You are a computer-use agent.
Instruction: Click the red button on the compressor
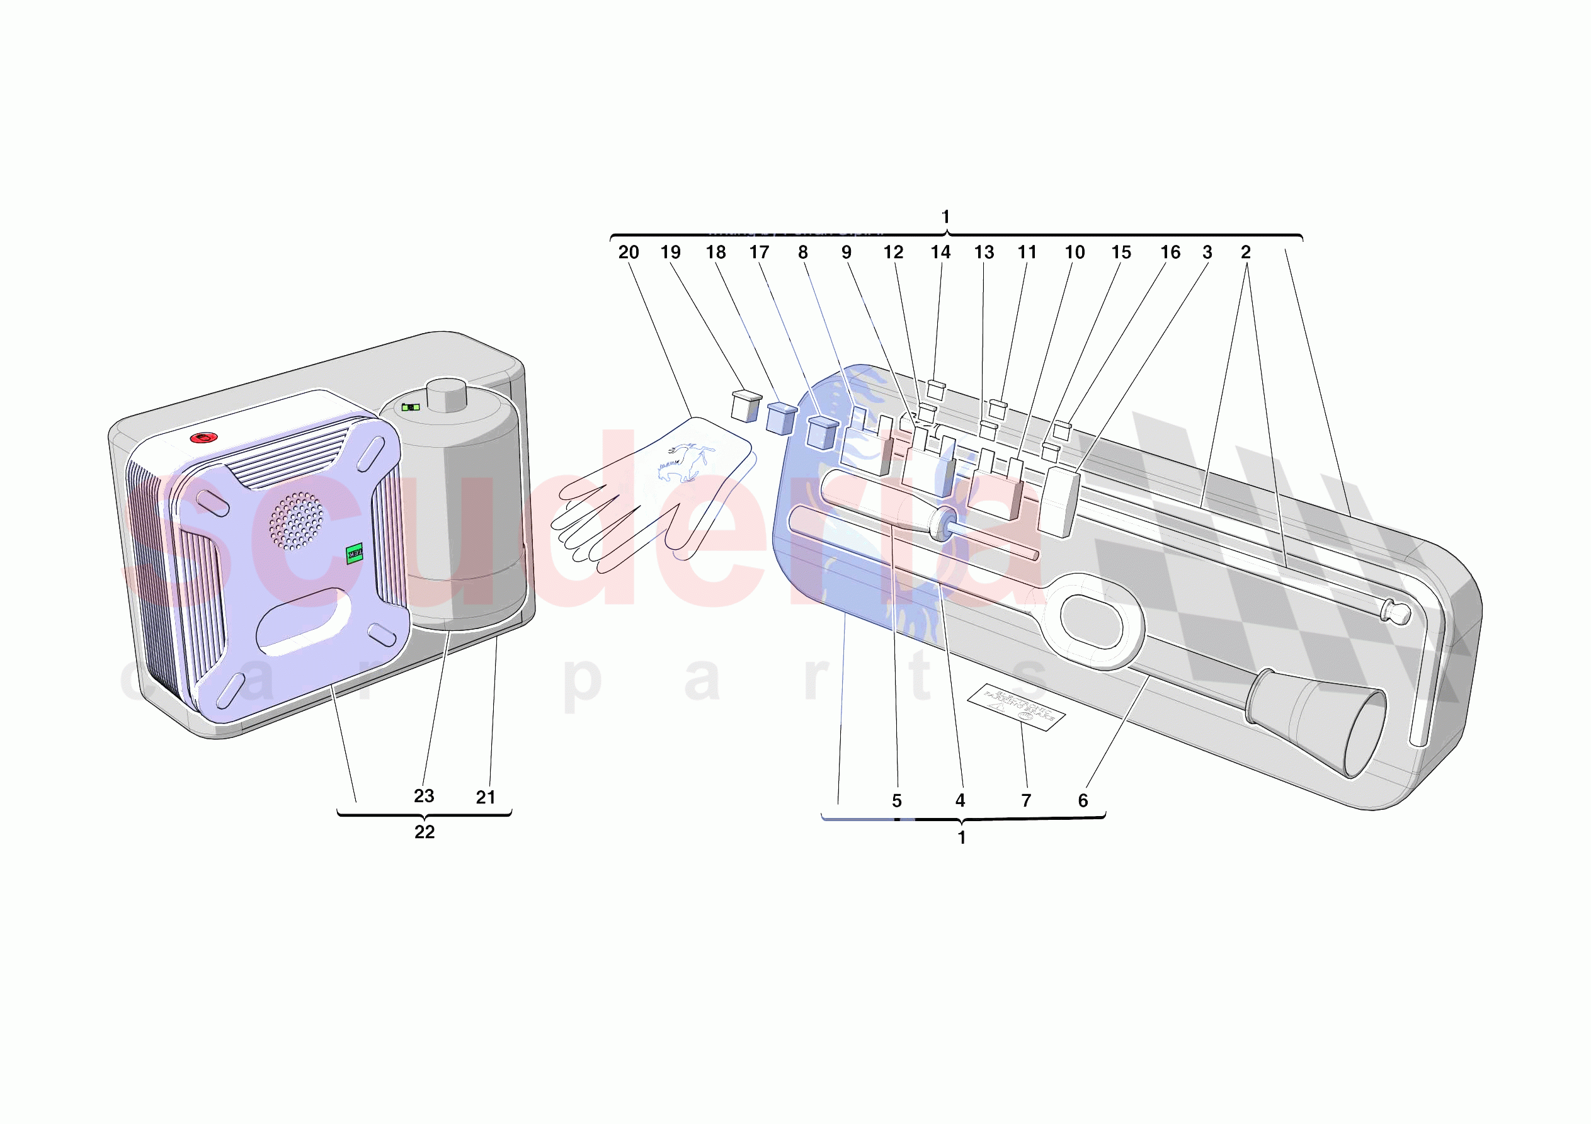(x=203, y=438)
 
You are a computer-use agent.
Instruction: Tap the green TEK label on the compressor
(x=354, y=553)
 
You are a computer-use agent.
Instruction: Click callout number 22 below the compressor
(x=424, y=832)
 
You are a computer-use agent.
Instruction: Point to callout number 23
(x=424, y=795)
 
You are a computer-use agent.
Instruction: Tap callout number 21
(x=486, y=797)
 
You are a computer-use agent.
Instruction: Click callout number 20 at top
(x=629, y=253)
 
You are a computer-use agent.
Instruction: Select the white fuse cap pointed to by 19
(x=746, y=407)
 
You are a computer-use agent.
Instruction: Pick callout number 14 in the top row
(x=940, y=253)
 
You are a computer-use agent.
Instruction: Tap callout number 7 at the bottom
(x=1026, y=800)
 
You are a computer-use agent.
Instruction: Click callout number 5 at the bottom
(x=897, y=801)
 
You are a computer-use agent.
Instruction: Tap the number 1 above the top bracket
(x=945, y=217)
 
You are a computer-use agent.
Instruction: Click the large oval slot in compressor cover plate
(x=303, y=620)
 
